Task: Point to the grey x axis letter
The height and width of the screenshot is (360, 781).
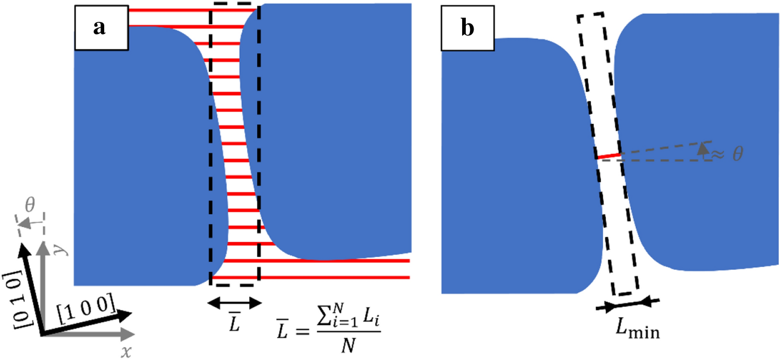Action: tap(126, 353)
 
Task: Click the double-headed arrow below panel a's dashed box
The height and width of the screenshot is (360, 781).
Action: tap(233, 302)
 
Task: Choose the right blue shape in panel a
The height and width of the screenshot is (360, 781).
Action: tap(333, 130)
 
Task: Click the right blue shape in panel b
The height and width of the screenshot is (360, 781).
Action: tap(698, 141)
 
